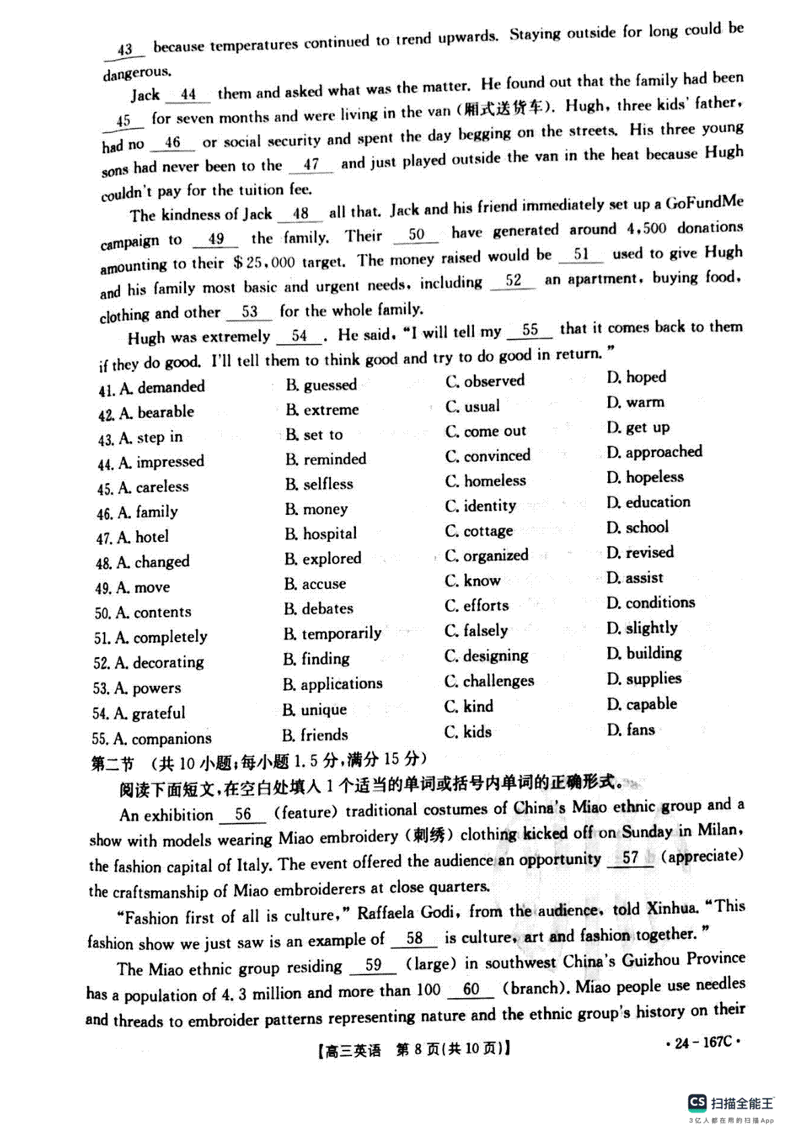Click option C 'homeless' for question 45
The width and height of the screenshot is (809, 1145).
coord(487,481)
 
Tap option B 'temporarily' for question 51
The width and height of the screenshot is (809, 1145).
coord(333,633)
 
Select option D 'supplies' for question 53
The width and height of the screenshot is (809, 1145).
coord(645,678)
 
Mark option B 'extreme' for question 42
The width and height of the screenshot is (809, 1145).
coord(323,410)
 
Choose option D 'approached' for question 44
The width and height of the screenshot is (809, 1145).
coord(655,452)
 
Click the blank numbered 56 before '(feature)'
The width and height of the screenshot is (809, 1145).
coord(243,814)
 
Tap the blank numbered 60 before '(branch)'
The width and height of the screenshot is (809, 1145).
coord(471,989)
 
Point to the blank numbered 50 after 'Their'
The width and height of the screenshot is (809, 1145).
coord(416,235)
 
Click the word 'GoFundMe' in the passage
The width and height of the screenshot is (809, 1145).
coord(705,202)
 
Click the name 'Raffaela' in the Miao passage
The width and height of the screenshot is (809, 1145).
coord(387,913)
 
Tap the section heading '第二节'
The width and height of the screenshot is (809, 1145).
coord(113,764)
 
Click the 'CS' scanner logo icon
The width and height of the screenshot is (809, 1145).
coord(697,1103)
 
